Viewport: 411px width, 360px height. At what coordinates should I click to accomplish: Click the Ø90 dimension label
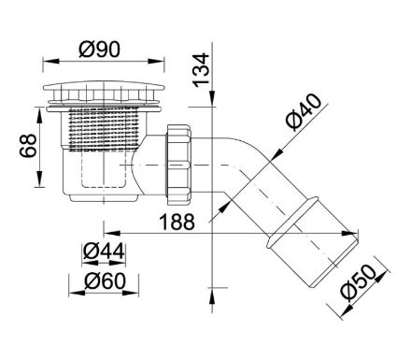point(99,50)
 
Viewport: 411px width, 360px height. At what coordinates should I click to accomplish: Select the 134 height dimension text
point(201,70)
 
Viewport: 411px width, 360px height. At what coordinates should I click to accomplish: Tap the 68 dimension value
point(28,146)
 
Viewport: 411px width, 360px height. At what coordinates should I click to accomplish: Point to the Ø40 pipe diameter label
point(304,111)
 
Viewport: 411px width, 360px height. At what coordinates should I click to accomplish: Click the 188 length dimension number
point(177,222)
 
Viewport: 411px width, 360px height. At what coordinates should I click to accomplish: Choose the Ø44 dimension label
point(104,252)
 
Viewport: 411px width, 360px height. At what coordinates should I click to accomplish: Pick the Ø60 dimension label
point(105,281)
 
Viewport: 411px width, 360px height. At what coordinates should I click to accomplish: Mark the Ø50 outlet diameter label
point(358,282)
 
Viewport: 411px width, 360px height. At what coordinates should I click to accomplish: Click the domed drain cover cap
point(104,86)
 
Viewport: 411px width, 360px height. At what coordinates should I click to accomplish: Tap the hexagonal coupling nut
point(178,165)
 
